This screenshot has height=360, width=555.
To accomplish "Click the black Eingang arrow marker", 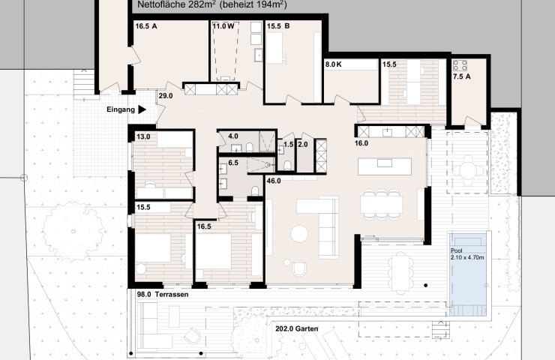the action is click(x=142, y=109).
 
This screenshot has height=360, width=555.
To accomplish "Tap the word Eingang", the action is click(x=121, y=109).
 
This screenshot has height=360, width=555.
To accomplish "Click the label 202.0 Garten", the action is click(x=296, y=328).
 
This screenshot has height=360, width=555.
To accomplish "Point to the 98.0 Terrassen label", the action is click(x=163, y=295).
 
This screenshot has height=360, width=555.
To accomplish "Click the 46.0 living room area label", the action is click(x=274, y=181).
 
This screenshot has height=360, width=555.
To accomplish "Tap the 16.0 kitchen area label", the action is click(x=361, y=143).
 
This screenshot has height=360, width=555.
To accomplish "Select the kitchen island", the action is click(x=385, y=166).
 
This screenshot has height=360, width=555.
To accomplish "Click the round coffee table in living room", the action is click(x=299, y=234).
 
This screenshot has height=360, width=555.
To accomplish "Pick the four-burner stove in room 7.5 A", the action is click(x=460, y=65).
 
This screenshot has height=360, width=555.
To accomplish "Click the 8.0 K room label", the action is click(x=334, y=64).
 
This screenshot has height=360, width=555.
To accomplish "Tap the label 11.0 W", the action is click(x=223, y=25).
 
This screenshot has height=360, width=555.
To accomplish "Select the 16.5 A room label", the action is click(x=146, y=25).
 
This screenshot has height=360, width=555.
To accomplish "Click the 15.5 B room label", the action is click(x=278, y=25).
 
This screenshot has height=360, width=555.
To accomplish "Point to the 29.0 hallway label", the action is click(x=166, y=95).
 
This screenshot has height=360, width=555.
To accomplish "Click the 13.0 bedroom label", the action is click(x=143, y=136).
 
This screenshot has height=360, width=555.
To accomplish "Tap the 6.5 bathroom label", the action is click(x=233, y=163).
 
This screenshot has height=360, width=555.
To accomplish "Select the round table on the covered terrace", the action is click(x=468, y=171).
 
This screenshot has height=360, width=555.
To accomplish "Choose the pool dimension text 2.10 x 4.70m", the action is click(x=467, y=257).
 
